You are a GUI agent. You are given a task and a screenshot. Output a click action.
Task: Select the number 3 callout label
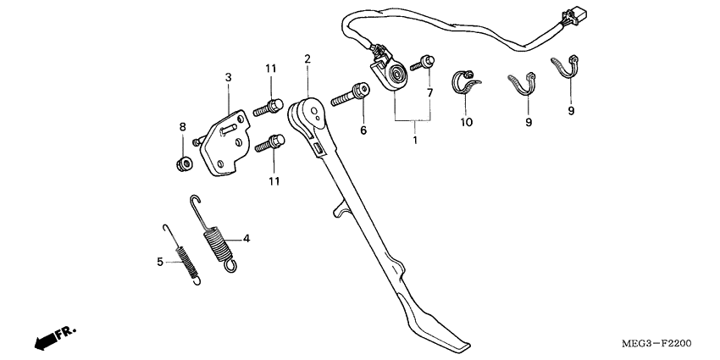pos(228,77)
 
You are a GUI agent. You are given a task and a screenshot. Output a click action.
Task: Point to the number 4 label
pos(246,239)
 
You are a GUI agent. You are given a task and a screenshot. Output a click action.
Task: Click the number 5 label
pos(159,262)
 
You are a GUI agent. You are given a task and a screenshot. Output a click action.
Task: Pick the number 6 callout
pos(363,130)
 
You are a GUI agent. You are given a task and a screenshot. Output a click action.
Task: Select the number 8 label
pos(181,127)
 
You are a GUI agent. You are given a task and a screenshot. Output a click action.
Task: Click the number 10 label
pos(466,123)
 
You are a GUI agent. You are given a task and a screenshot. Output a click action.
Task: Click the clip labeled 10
pos(466,82)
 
